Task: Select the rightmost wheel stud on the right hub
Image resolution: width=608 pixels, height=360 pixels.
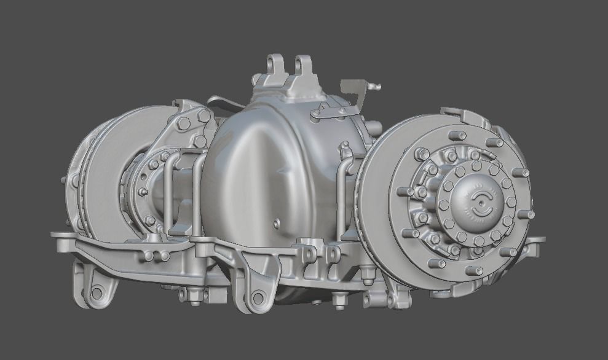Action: coord(527,214)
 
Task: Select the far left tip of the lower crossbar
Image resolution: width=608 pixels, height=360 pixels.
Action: coord(54,235)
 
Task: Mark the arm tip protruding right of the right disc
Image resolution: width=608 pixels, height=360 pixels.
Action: coord(539,241)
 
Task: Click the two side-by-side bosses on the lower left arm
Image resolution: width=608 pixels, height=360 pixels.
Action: coord(157,256)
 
